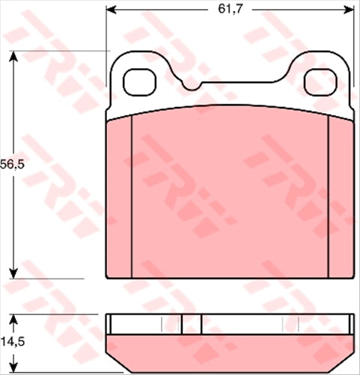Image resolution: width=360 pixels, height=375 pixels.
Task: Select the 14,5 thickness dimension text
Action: (13, 342)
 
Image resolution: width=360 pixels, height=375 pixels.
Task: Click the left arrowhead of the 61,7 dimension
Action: (112, 10)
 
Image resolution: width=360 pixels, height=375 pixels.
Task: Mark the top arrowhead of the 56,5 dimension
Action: (13, 56)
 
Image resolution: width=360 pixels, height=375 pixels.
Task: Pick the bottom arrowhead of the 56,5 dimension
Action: (13, 272)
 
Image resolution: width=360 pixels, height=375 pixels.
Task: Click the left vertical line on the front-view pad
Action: (131, 198)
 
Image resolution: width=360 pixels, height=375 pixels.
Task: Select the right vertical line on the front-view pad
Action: (329, 198)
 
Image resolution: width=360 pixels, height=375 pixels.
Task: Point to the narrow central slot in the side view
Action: (192, 323)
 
